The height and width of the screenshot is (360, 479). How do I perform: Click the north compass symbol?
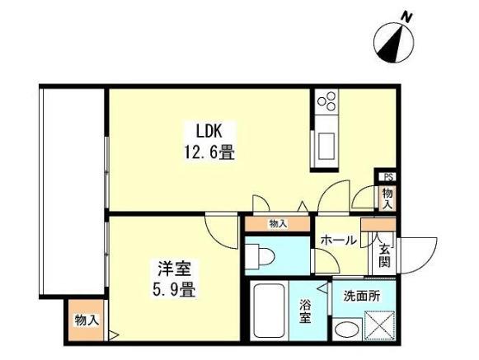click(393, 40)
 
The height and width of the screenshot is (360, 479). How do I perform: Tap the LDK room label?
click(216, 130)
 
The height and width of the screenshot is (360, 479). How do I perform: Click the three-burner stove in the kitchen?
click(326, 102)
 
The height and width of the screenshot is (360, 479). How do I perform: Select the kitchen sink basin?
click(323, 146)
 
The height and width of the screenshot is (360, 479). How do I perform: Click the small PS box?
click(387, 176)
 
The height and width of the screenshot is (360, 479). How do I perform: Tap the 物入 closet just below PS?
click(386, 197)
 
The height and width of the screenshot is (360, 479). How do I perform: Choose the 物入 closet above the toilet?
click(278, 222)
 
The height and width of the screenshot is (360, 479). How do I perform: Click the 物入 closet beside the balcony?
click(86, 321)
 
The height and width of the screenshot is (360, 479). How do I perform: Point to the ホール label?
click(339, 241)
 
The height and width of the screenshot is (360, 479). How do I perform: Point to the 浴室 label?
click(306, 313)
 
